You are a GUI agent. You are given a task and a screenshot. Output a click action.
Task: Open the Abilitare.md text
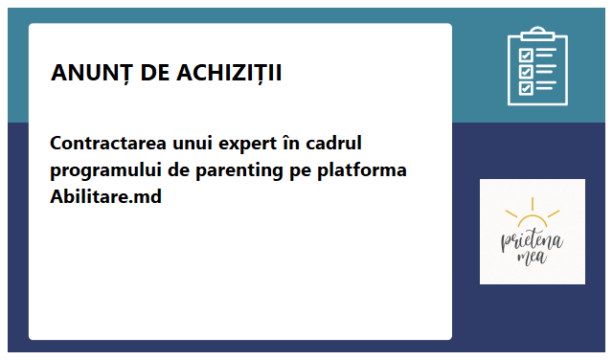click(x=105, y=197)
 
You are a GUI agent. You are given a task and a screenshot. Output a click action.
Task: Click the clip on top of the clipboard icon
click(x=537, y=34)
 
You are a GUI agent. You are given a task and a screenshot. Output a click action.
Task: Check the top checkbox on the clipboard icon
click(x=526, y=54)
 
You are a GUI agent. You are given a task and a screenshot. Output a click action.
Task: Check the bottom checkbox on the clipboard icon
click(x=526, y=88)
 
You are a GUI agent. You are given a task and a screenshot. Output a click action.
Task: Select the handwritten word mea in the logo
click(x=531, y=257)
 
